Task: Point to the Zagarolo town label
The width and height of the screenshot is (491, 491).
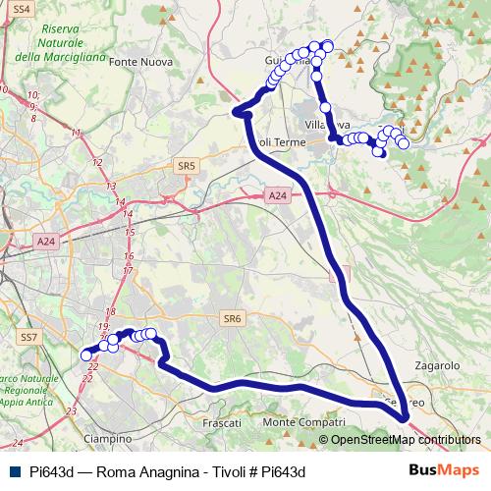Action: pyautogui.click(x=437, y=364)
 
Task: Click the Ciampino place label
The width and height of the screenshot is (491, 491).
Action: pyautogui.click(x=108, y=438)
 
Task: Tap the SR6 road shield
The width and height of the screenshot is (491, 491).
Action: pyautogui.click(x=231, y=318)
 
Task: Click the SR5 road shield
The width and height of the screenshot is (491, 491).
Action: pyautogui.click(x=188, y=167)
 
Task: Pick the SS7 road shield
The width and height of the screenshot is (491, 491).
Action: pyautogui.click(x=28, y=337)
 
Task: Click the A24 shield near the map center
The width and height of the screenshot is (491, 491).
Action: pyautogui.click(x=278, y=196)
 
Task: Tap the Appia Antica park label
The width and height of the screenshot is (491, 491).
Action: pyautogui.click(x=29, y=391)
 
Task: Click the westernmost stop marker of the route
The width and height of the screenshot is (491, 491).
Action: pyautogui.click(x=86, y=355)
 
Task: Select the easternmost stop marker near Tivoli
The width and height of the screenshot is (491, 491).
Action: pyautogui.click(x=404, y=144)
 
